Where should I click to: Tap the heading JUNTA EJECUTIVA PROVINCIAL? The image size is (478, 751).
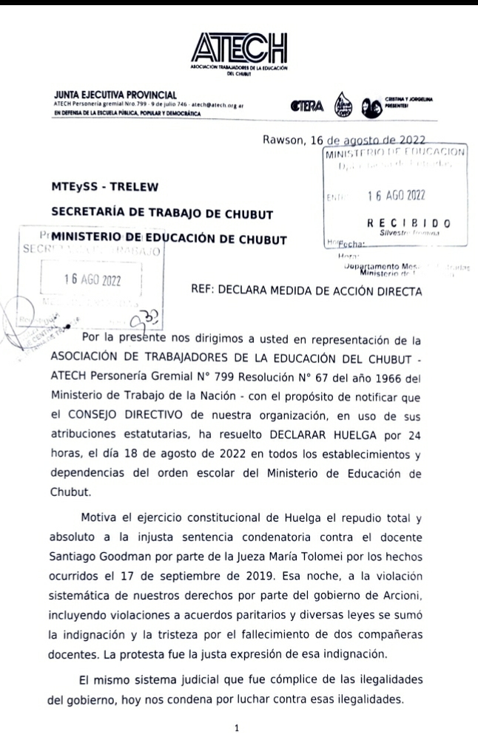[x=115, y=95]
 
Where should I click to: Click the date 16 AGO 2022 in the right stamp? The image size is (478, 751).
[x=395, y=196]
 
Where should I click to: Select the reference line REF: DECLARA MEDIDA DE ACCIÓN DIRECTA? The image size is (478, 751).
[x=306, y=290]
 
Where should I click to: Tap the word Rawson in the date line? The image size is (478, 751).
[x=284, y=140]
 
